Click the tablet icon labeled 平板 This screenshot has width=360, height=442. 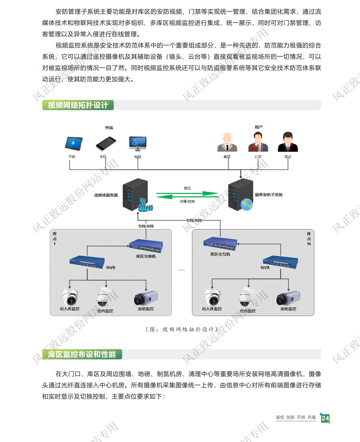tap(73, 144)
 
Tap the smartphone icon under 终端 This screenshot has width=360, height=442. tap(106, 144)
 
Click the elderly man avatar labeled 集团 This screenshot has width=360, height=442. tap(227, 142)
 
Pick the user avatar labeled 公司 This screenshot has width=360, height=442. tap(258, 142)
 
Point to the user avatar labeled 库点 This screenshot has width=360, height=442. tap(288, 142)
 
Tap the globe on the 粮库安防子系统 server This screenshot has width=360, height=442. tap(247, 205)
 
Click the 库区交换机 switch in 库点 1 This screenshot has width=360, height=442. tap(146, 246)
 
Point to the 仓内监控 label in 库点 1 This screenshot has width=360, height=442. tap(105, 311)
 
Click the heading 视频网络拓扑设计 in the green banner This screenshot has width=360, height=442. tap(78, 105)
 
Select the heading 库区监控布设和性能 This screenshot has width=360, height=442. tap(82, 354)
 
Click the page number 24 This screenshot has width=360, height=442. tap(325, 418)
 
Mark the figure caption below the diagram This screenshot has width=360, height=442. tap(182, 329)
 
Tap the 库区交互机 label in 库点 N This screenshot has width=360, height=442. tap(220, 254)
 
